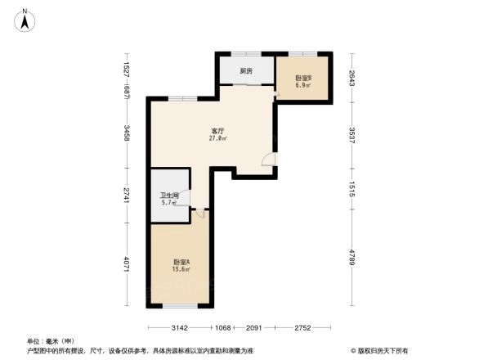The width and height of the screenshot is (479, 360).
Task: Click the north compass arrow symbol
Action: pos(25,19)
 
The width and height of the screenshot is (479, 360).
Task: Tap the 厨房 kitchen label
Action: pos(246,71)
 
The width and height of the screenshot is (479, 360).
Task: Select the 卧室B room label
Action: pos(303,78)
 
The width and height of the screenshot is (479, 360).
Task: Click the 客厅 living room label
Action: pos(218,131)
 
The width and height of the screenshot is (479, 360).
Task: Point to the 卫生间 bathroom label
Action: pos(169,196)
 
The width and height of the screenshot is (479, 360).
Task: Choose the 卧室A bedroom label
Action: pos(181,262)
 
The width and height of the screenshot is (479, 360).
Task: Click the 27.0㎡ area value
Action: pos(218,139)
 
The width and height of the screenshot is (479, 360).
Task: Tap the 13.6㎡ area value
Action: pos(181,269)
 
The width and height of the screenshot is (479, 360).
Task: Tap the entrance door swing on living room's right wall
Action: pos(269,160)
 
